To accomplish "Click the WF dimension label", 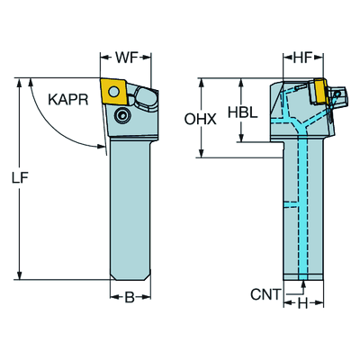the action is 126,58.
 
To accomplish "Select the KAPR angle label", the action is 68,100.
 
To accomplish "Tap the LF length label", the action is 20,178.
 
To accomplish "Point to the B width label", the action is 130,298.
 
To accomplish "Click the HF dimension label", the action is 302,58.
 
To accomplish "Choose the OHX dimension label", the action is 200,120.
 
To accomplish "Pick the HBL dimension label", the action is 242,112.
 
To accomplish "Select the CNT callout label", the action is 265,294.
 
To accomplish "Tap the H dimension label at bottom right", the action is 303,304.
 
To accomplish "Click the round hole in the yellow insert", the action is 113,91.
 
